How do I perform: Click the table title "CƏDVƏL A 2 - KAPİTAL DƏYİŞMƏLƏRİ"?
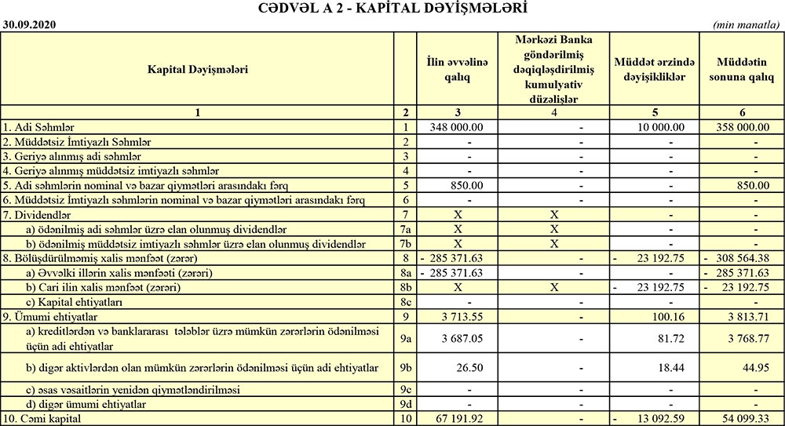[x=392, y=9]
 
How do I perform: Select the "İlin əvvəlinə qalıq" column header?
[x=458, y=71]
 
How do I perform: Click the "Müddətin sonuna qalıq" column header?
[x=742, y=71]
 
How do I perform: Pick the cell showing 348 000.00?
[x=464, y=126]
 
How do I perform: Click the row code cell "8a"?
[x=406, y=273]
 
